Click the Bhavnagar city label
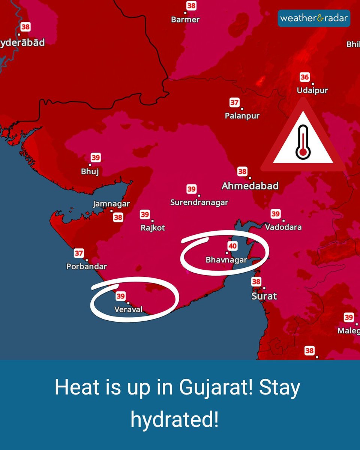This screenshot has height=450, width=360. [226, 260]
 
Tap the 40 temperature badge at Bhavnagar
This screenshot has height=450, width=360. [232, 246]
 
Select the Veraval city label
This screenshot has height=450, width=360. [128, 310]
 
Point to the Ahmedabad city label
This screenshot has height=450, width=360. [250, 186]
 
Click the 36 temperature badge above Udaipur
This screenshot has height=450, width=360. [304, 78]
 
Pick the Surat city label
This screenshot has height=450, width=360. [264, 296]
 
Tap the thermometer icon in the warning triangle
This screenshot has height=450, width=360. [303, 142]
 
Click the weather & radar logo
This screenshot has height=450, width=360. [314, 18]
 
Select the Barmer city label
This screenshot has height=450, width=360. [185, 19]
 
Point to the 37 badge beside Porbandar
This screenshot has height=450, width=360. [79, 253]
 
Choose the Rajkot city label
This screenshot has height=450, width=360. [153, 228]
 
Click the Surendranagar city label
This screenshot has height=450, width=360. [199, 202]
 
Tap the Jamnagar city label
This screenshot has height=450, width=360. [111, 204]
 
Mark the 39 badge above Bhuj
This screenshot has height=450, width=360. [96, 158]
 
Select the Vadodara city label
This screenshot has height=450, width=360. [283, 227]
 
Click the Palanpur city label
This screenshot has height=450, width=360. [242, 116]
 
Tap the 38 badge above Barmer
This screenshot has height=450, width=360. [191, 6]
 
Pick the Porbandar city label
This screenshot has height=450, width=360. [87, 267]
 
